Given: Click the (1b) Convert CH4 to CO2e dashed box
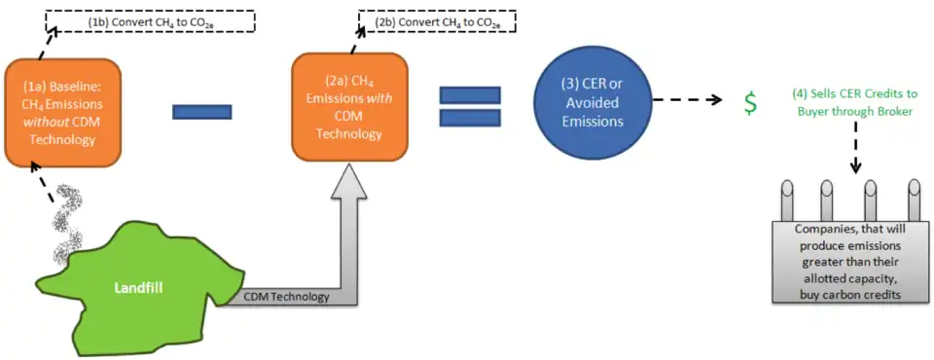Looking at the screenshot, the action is tap(151, 21).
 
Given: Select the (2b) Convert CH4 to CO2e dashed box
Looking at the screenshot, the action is tap(437, 21).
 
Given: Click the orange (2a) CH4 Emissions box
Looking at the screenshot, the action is tap(349, 107).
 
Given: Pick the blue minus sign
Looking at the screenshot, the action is tap(201, 112).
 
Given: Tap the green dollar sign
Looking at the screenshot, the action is tap(752, 103).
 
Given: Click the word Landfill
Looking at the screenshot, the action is tap(139, 288).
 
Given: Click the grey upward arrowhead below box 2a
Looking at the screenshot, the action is tap(356, 181).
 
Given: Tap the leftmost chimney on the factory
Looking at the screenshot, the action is tap(782, 200).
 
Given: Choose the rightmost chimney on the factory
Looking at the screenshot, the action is tap(914, 200).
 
